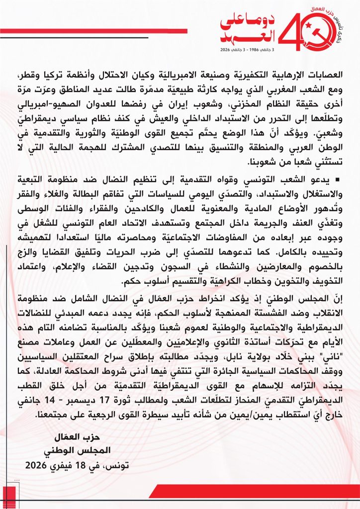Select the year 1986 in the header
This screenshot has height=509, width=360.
(255, 50)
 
